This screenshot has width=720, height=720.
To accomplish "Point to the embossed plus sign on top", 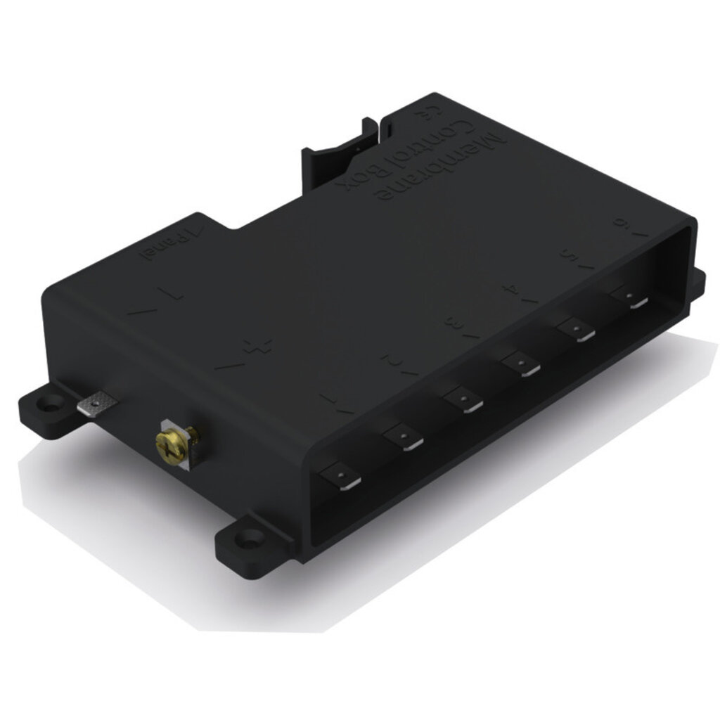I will (257, 346).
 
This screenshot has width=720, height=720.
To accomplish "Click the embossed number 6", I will (622, 224).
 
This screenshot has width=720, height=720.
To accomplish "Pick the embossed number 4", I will (513, 290).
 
